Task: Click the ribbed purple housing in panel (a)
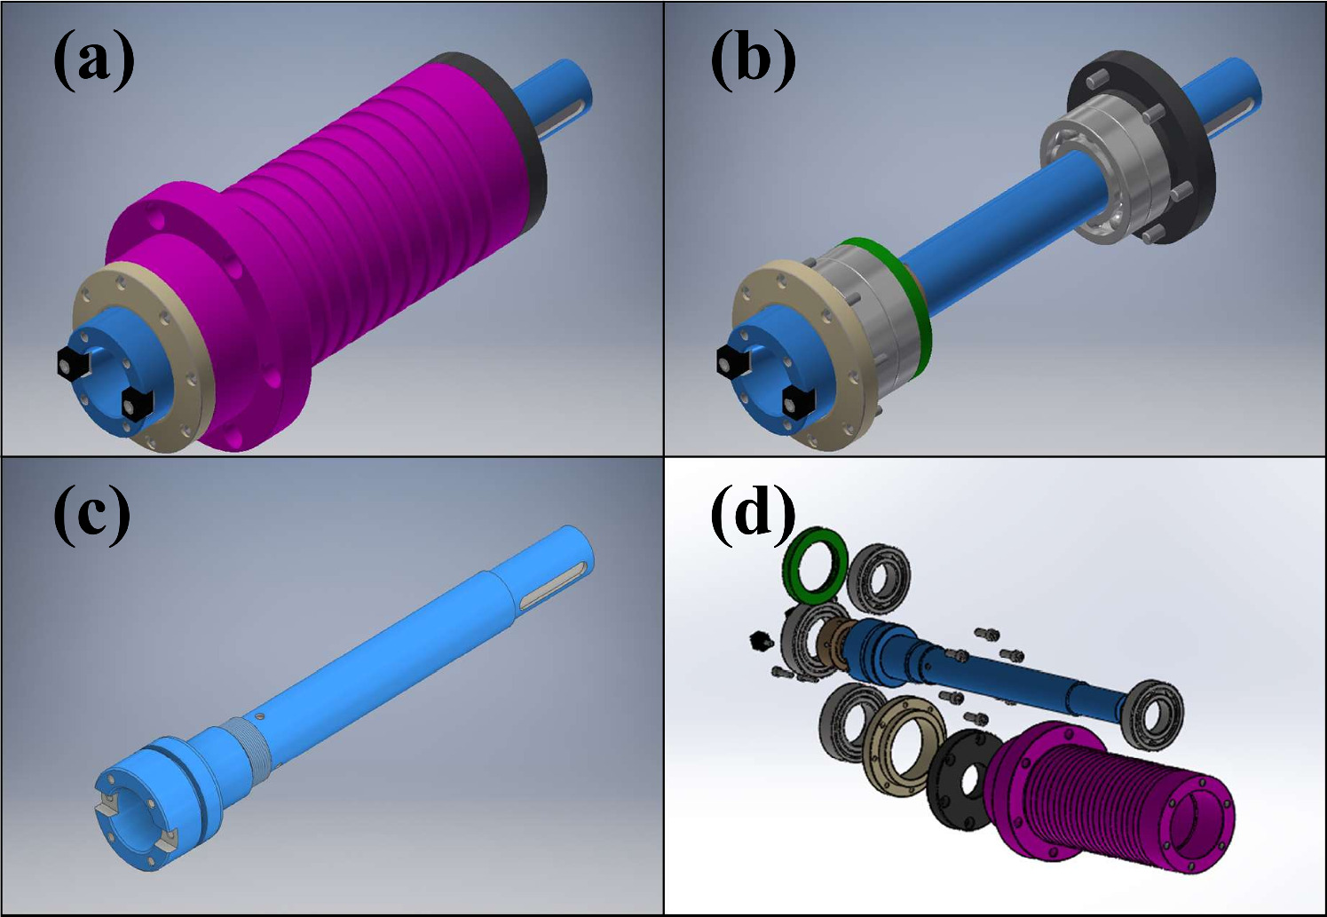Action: [355, 222]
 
